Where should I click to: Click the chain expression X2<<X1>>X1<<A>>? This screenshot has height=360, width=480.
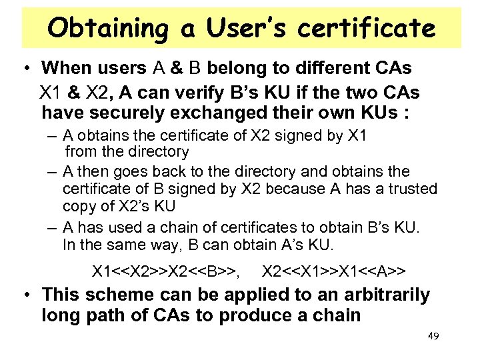click(x=334, y=271)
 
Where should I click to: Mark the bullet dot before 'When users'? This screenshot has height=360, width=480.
click(x=25, y=70)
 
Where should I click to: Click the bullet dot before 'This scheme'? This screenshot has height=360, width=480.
click(x=25, y=295)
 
